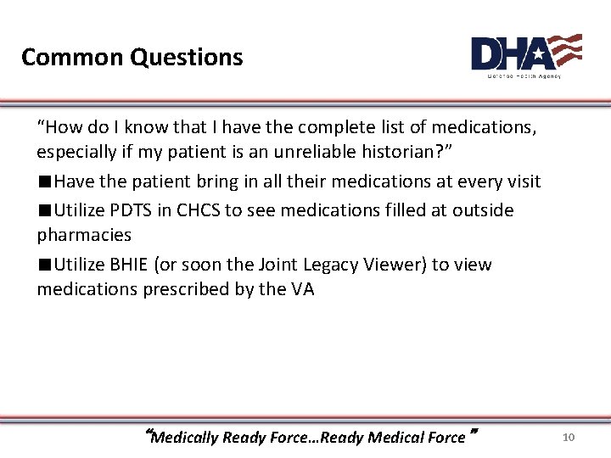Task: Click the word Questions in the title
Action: [187, 58]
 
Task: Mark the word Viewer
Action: [399, 265]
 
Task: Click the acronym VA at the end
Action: [302, 289]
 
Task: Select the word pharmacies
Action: [84, 235]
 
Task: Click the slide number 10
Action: [569, 438]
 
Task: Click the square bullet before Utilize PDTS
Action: [44, 210]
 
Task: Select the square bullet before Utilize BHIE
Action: [44, 265]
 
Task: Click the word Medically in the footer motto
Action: [186, 438]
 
